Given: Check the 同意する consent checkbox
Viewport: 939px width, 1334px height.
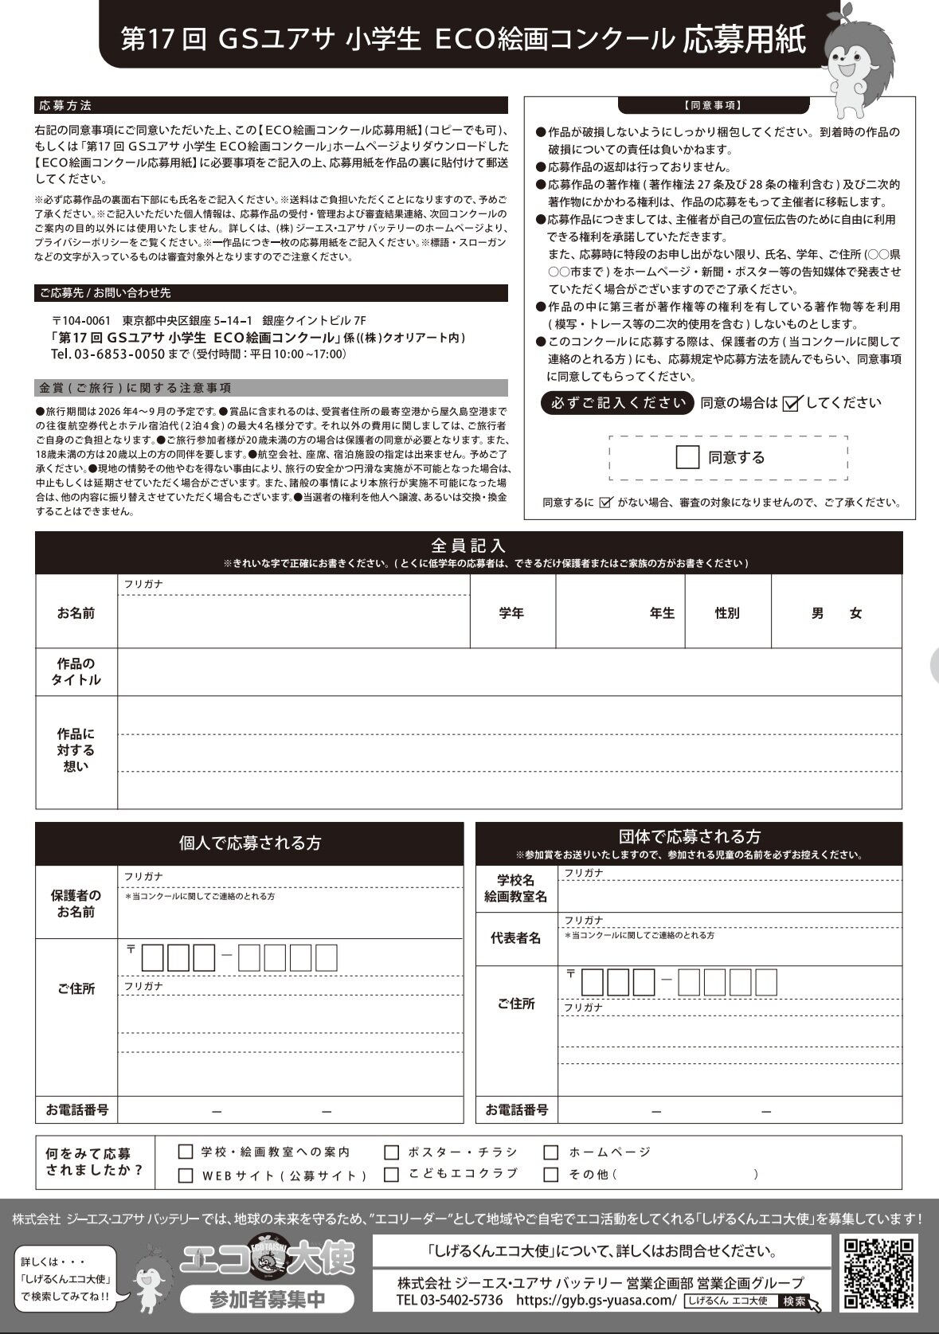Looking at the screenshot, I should (687, 457).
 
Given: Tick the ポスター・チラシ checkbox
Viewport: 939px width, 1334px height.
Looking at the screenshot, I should (391, 1152).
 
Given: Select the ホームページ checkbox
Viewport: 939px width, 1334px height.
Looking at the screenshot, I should (551, 1152).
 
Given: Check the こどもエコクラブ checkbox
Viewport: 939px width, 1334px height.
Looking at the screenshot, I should (391, 1175).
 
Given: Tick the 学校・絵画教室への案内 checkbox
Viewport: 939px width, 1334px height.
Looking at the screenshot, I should (186, 1152).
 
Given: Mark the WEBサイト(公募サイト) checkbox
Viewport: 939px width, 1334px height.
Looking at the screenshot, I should (186, 1176).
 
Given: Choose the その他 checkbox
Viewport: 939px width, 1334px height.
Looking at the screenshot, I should (551, 1175).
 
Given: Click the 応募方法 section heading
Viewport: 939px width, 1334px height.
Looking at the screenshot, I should (65, 105).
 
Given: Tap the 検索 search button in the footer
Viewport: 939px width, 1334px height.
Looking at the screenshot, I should (795, 1301).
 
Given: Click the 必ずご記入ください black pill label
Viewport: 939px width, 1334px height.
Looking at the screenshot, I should (617, 403).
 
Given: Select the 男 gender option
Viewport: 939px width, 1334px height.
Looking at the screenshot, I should (817, 613).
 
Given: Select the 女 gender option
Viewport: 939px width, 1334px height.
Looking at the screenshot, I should (856, 613).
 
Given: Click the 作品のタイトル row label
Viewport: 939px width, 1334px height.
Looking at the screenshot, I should (76, 671).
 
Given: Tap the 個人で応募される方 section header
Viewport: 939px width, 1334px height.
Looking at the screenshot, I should (249, 843).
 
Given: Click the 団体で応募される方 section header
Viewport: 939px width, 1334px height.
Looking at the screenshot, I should (689, 837).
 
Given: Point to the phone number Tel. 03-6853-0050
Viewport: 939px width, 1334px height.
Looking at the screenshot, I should (108, 354).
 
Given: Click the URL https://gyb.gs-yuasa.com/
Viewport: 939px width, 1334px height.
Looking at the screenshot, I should (596, 1301).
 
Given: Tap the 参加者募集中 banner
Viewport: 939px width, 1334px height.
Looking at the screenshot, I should (268, 1300).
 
